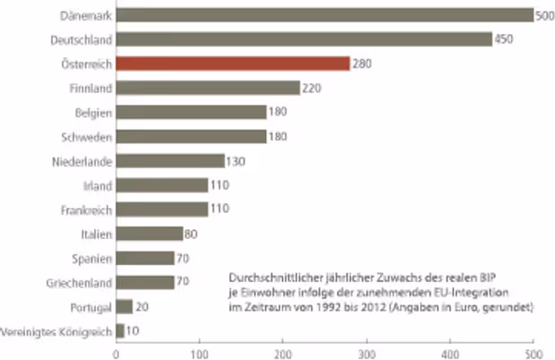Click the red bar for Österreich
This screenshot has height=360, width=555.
point(233,64)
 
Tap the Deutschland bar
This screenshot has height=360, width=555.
point(304,39)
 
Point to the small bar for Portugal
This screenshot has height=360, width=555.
point(124,306)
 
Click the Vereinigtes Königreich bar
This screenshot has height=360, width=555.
point(121,330)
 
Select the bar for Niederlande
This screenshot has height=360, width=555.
point(170,161)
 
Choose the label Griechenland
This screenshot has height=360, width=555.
point(79,282)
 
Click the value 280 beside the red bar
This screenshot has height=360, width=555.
point(362,64)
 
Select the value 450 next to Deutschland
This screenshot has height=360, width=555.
point(505,39)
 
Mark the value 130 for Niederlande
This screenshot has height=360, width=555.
point(236,161)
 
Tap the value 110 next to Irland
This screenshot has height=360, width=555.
point(219,185)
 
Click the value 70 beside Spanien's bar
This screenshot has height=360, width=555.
point(184,258)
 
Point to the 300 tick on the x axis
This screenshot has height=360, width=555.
point(367,352)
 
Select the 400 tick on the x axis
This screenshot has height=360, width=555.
point(450,352)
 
